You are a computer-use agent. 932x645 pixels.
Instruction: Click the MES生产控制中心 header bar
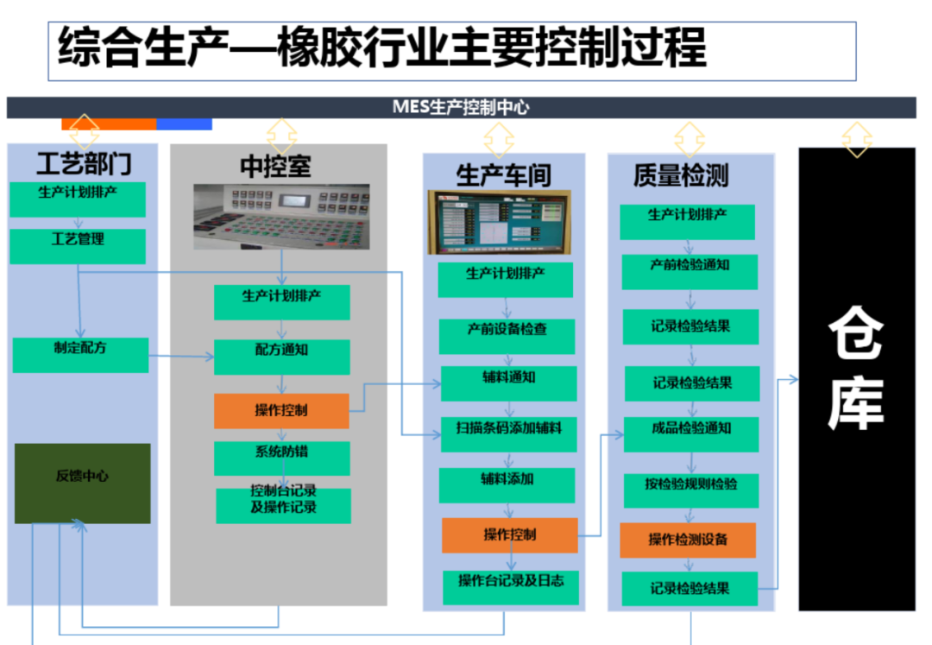461,108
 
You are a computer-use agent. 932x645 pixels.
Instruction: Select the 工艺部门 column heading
84,163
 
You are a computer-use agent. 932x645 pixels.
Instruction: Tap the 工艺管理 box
78,246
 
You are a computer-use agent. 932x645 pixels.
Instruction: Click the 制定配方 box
80,355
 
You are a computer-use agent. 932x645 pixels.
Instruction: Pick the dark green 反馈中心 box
83,484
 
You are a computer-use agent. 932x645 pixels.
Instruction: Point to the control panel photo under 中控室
281,217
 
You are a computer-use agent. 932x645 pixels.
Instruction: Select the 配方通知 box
281,357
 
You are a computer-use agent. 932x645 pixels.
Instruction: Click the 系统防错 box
281,458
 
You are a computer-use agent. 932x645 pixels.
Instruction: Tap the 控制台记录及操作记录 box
284,506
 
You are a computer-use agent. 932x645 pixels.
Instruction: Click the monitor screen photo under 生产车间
500,222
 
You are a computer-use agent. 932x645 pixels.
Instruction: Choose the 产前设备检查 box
507,337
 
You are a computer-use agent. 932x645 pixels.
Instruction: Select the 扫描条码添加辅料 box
509,434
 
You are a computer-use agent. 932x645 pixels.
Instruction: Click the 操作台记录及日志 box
511,587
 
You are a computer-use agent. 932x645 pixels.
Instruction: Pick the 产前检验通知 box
690,272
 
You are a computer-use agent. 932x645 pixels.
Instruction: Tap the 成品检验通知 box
691,434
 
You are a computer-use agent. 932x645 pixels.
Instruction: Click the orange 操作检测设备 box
688,540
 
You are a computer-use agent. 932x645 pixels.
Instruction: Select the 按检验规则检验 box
691,490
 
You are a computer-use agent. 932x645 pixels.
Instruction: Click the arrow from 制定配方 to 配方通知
181,356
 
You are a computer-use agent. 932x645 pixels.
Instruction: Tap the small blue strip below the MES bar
185,124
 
